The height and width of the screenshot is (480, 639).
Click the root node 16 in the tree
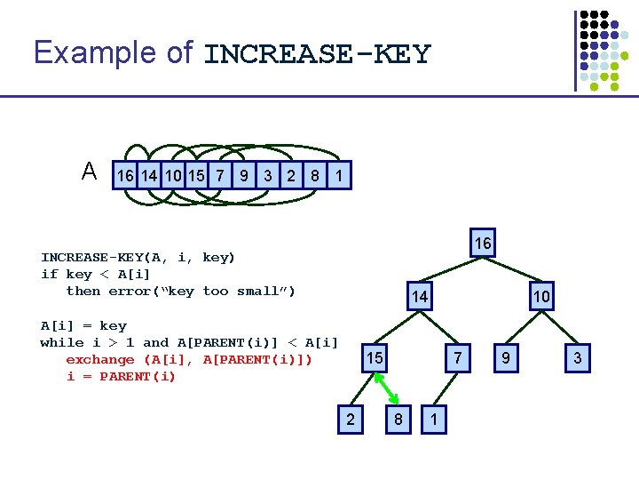(483, 243)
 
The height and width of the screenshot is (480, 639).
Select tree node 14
(420, 296)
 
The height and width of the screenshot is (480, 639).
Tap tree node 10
(541, 296)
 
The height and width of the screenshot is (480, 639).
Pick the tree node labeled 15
(375, 358)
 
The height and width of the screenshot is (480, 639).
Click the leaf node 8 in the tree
(398, 420)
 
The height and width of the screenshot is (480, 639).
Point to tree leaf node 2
(351, 420)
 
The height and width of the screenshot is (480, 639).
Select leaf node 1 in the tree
(434, 420)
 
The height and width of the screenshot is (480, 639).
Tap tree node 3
(578, 358)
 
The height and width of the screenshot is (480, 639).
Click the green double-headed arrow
(386, 388)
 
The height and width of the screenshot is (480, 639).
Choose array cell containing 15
(196, 175)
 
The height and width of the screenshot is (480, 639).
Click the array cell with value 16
(125, 175)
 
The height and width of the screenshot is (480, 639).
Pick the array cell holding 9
(244, 175)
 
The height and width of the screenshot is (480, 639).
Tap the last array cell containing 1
(339, 175)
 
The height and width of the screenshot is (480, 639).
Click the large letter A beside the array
(90, 171)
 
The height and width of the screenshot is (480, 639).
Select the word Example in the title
(95, 52)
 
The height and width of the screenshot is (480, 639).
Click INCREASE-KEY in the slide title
(318, 54)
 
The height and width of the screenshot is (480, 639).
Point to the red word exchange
(99, 360)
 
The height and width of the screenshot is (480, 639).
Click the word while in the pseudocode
(61, 342)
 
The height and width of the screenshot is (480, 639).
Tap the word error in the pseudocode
(130, 291)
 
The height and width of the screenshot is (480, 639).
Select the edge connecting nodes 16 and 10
(512, 269)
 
